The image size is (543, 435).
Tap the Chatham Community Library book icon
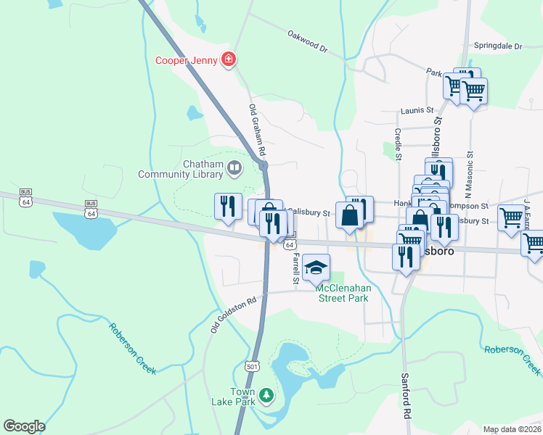234,170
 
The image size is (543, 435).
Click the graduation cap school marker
316,268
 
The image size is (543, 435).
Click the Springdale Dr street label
497,46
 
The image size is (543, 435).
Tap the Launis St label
417,112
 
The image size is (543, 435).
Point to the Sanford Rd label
406,396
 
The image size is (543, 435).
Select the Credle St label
398,144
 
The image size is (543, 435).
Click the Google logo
24,426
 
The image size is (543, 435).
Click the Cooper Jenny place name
187,60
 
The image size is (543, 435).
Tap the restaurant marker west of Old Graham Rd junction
228,207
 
